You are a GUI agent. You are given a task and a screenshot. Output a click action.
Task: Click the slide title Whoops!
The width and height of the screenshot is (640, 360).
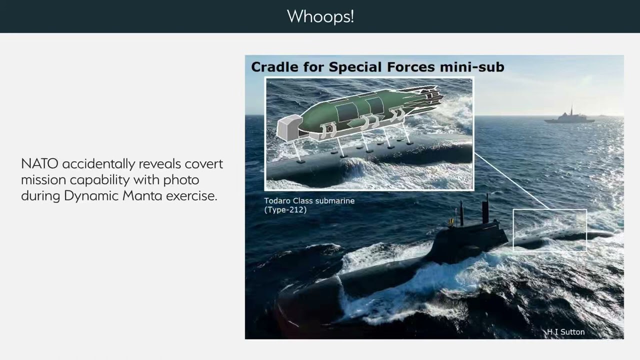320,16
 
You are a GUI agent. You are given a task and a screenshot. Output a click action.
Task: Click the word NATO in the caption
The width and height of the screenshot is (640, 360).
39,163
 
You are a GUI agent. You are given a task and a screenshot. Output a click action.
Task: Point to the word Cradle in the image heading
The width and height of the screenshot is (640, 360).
272,67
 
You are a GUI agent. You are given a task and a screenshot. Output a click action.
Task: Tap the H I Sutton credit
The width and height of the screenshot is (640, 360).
565,332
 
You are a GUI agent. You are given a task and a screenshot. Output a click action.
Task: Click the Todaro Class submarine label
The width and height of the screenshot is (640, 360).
309,200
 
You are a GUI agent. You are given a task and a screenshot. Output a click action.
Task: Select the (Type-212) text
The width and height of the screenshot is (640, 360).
285,209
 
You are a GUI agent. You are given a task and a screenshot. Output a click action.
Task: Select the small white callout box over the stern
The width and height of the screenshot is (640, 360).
549,229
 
